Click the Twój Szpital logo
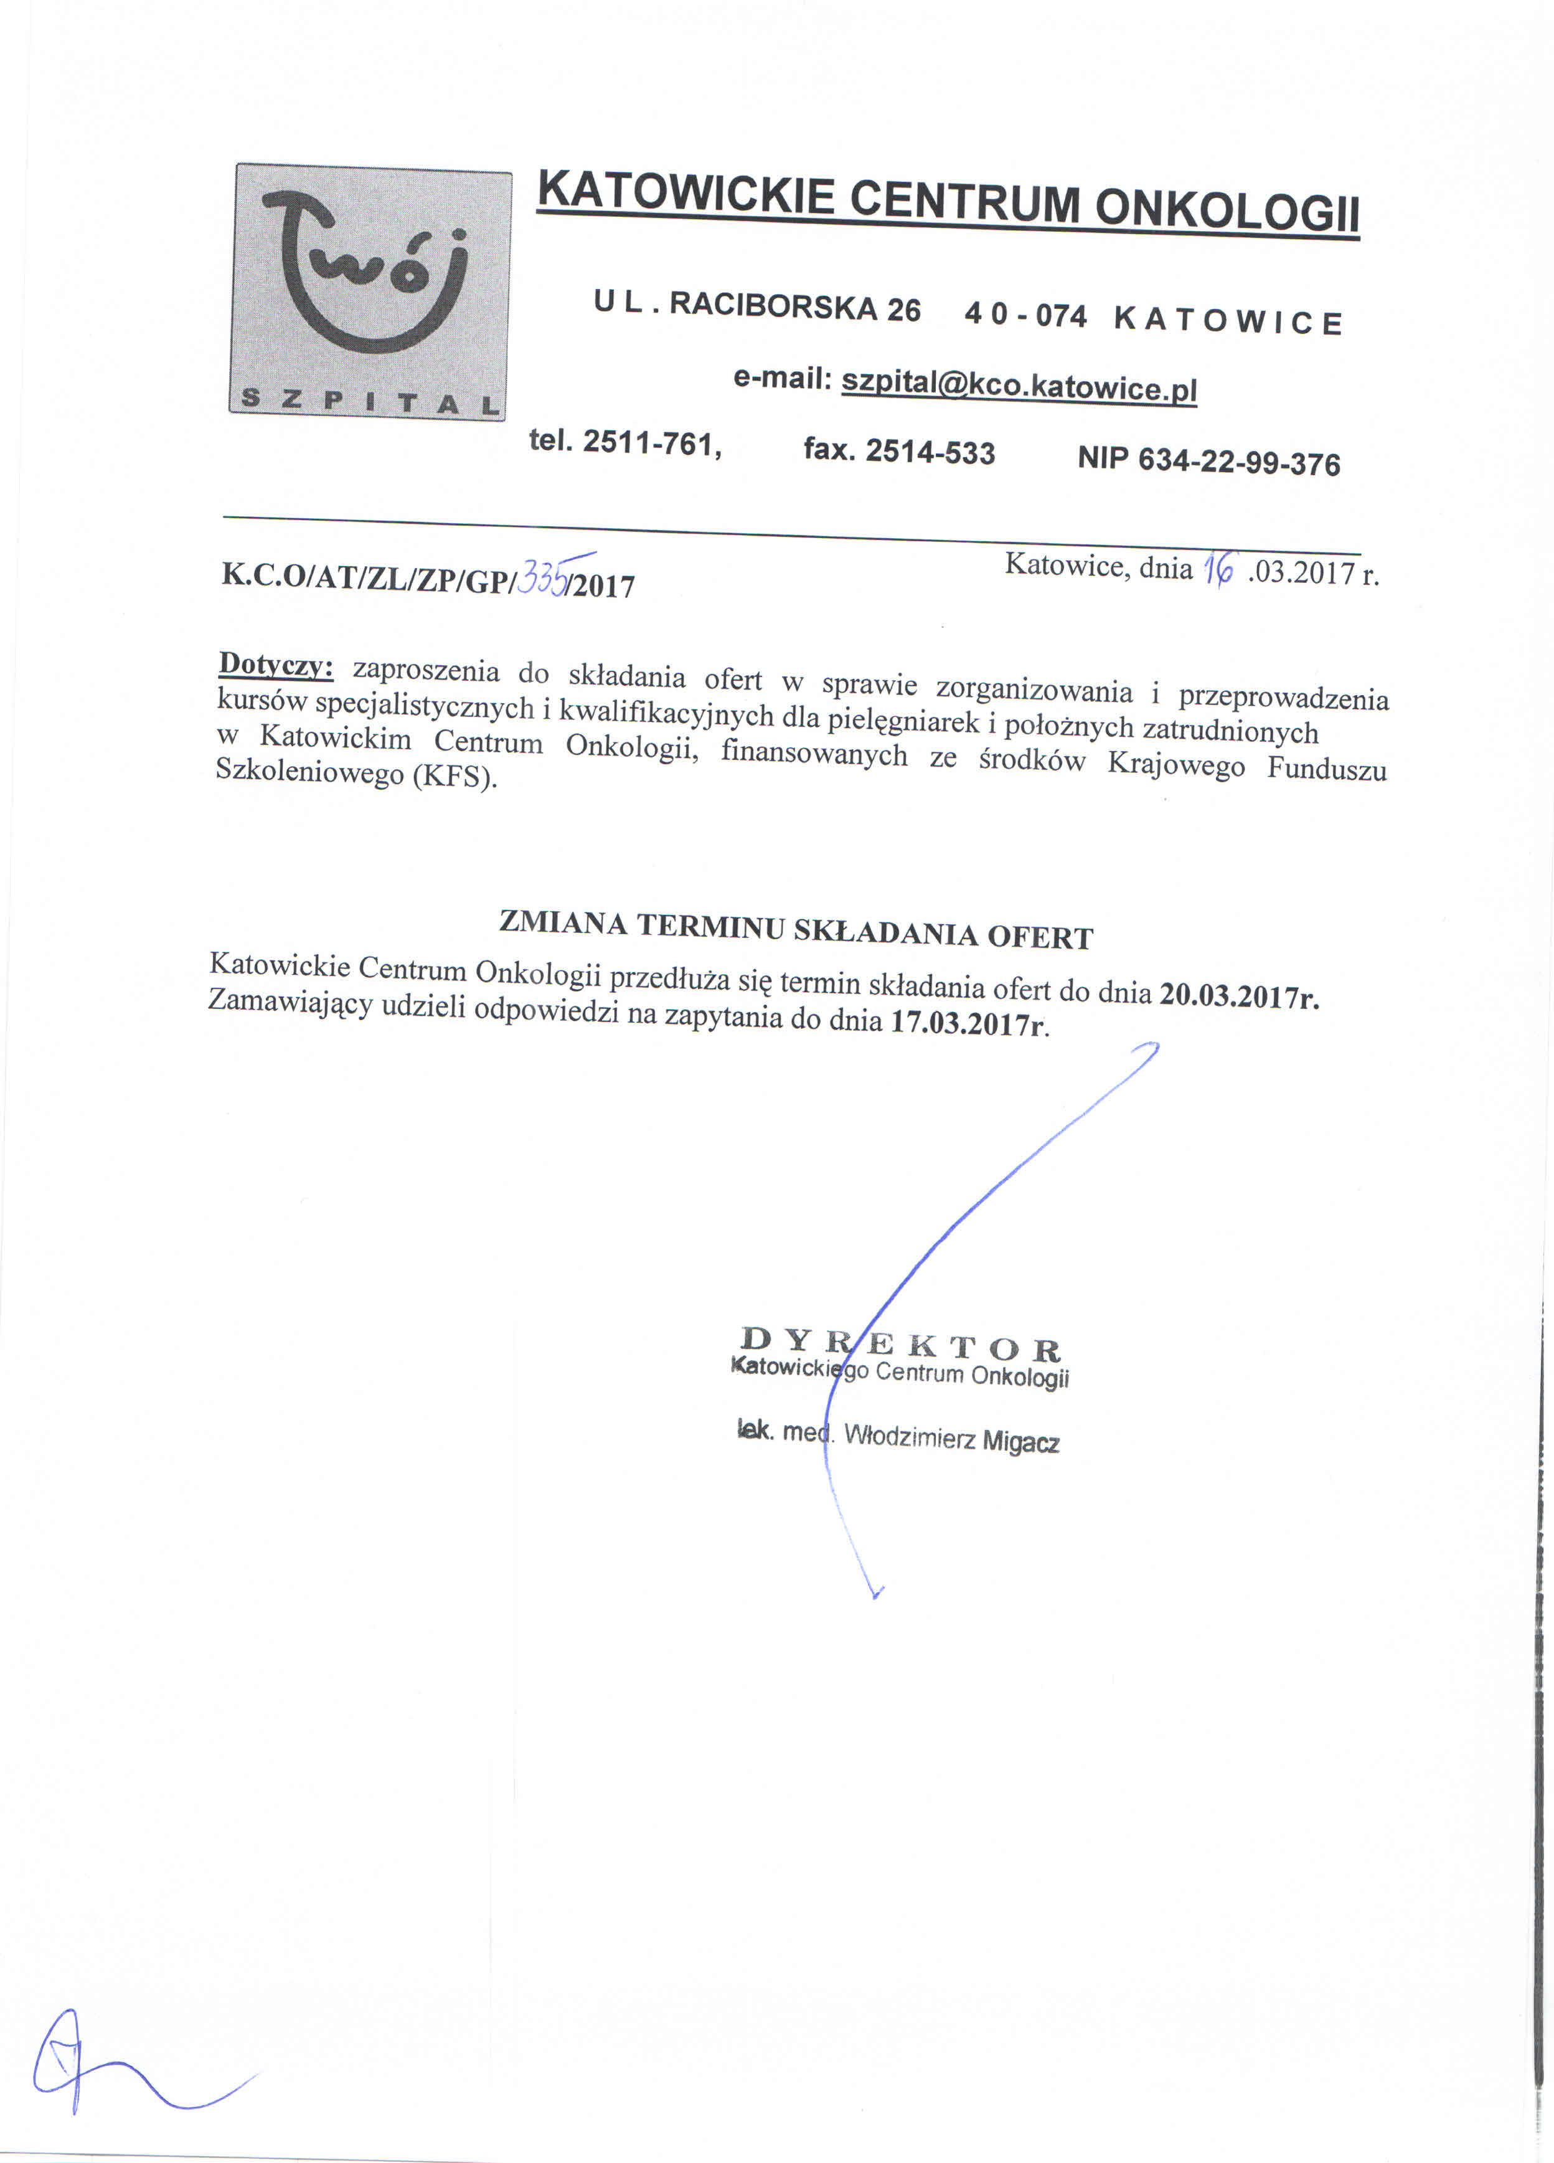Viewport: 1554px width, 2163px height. click(x=369, y=291)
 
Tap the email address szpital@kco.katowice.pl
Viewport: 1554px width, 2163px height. click(x=1018, y=386)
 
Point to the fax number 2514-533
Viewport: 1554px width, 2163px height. click(x=930, y=452)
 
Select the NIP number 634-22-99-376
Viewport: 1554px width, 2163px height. click(x=1238, y=463)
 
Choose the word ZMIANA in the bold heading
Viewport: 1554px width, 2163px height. click(x=562, y=922)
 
